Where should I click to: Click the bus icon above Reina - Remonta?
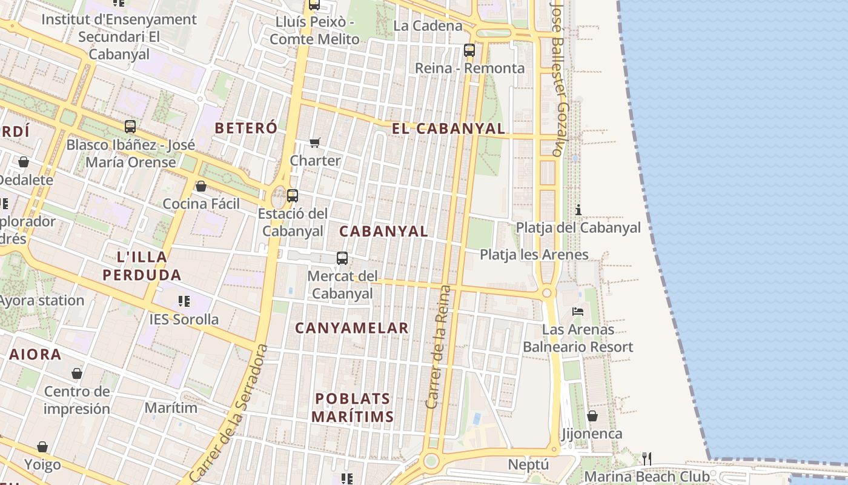click(x=469, y=50)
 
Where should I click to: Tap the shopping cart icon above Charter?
click(x=314, y=143)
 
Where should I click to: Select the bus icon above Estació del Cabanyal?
click(x=293, y=196)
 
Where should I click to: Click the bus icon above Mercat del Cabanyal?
click(x=342, y=258)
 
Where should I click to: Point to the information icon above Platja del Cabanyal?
click(x=578, y=210)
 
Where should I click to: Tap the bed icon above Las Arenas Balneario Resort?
click(x=578, y=312)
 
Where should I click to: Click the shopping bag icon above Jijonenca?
click(x=592, y=416)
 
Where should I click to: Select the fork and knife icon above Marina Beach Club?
click(x=647, y=458)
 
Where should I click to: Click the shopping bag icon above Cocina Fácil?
click(x=201, y=186)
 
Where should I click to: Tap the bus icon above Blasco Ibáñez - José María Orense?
click(x=130, y=127)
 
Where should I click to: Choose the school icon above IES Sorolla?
click(x=184, y=301)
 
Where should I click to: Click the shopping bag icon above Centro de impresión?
click(x=77, y=373)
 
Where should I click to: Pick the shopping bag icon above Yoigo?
click(x=42, y=447)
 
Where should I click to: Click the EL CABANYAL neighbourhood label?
click(x=448, y=129)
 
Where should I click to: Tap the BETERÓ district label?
click(x=246, y=128)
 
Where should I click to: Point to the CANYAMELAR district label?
click(x=351, y=328)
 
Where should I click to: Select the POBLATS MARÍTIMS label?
click(x=354, y=407)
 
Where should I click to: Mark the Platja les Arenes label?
click(x=534, y=255)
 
